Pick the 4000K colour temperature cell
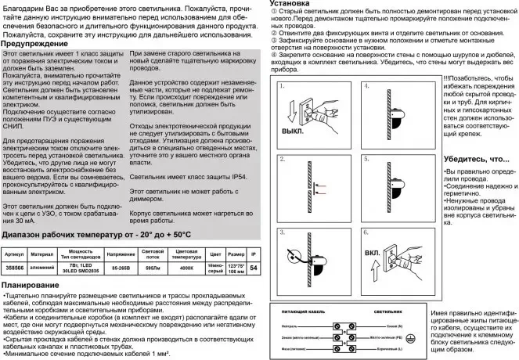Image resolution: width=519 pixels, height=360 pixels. click(187, 268)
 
